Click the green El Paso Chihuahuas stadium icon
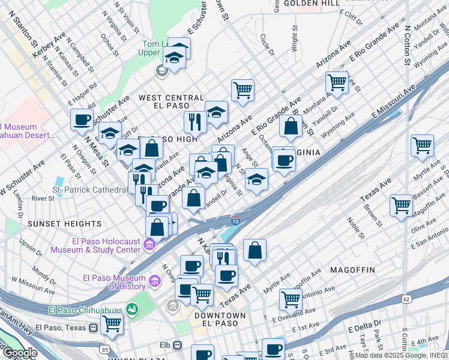coord(131,310)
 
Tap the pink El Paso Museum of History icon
coord(155,281)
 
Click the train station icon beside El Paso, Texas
coord(93,328)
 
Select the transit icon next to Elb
coord(177,345)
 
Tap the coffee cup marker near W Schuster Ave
coord(81,119)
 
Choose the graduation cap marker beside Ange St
coord(256,179)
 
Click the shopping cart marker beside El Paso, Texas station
coord(111,323)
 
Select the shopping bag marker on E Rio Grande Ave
coord(291,126)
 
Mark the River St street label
coord(43,198)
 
